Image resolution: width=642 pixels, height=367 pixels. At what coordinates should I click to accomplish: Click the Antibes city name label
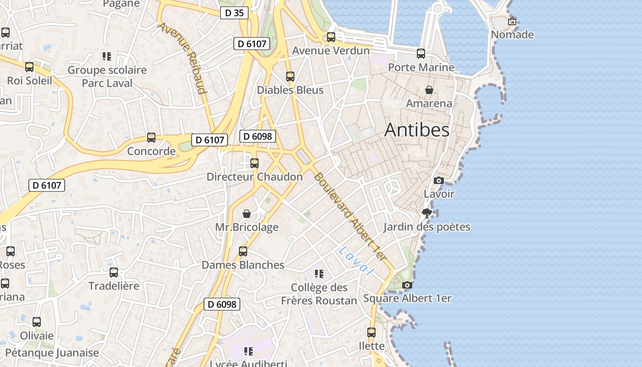(x=416, y=130)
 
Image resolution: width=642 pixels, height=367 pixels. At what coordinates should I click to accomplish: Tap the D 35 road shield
(x=234, y=13)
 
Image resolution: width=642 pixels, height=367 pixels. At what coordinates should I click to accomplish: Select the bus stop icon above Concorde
(x=151, y=138)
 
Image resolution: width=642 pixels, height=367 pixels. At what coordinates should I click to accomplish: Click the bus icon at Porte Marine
(x=421, y=54)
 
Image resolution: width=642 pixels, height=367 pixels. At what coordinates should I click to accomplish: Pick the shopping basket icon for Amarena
(x=429, y=90)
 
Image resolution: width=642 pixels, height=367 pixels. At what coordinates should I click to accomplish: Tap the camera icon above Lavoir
(x=439, y=180)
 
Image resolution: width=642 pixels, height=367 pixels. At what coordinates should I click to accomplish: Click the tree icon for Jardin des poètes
(x=426, y=213)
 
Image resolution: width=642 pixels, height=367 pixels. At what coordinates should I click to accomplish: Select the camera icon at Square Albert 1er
(x=407, y=285)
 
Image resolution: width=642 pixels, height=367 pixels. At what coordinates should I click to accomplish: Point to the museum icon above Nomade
(x=512, y=21)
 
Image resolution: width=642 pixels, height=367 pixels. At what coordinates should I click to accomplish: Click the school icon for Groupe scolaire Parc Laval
(x=107, y=56)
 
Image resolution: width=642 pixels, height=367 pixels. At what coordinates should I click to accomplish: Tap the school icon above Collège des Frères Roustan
(x=319, y=274)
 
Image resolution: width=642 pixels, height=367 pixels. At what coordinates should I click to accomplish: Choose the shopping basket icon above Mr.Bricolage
(x=247, y=214)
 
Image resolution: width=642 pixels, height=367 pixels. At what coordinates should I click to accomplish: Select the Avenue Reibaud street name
(x=182, y=57)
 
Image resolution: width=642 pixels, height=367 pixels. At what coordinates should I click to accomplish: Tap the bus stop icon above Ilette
(x=371, y=332)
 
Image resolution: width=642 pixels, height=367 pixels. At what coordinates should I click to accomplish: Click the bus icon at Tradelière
(x=113, y=272)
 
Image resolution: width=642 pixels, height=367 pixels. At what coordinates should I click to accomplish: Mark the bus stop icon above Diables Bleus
(x=290, y=77)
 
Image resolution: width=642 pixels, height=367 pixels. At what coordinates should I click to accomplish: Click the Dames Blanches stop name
(x=243, y=265)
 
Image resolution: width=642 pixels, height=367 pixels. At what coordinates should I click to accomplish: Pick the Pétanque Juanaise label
(x=52, y=353)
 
